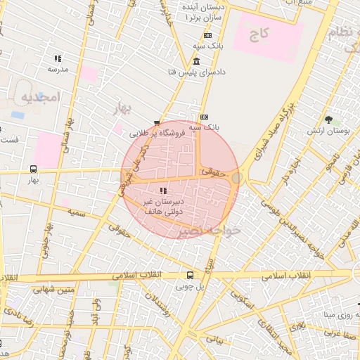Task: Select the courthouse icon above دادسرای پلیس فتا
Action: (x=195, y=61)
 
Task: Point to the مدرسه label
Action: (x=58, y=70)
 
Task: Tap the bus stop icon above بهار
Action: (x=33, y=169)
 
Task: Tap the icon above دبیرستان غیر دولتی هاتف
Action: (x=162, y=191)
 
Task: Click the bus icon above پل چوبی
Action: (x=191, y=276)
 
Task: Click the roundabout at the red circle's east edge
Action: (x=237, y=179)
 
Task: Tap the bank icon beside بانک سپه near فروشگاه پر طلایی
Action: (x=204, y=117)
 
